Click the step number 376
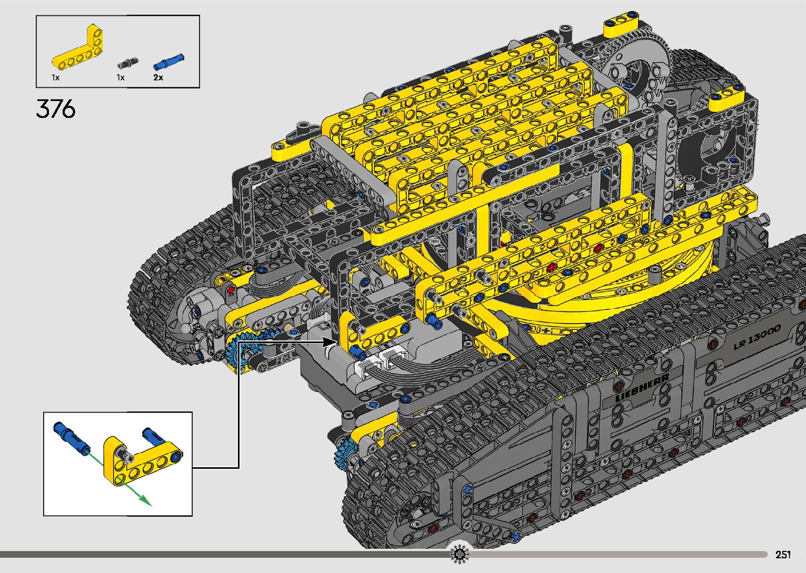click(56, 108)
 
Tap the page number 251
click(783, 554)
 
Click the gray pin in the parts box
click(128, 63)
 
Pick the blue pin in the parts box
click(169, 61)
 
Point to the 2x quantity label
click(158, 77)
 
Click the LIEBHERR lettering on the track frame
click(643, 387)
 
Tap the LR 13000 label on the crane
click(757, 337)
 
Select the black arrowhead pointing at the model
click(329, 342)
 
